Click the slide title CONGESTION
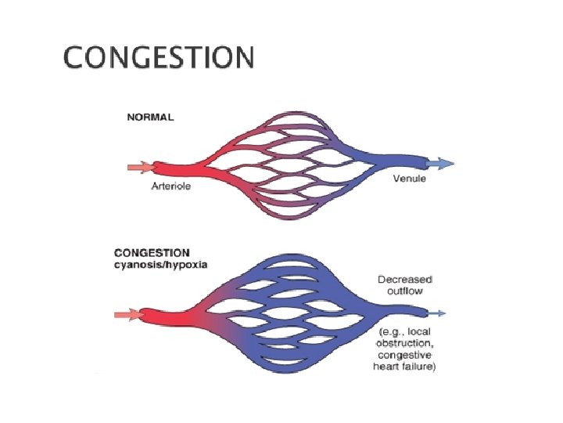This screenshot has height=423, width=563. tap(159, 58)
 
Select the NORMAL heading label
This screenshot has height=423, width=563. tap(150, 117)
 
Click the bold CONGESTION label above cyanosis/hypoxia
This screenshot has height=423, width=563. tap(152, 253)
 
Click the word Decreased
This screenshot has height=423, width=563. tap(406, 279)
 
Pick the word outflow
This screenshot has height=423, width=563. tap(404, 291)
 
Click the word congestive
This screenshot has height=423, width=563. tap(404, 356)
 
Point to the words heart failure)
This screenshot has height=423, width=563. tap(405, 367)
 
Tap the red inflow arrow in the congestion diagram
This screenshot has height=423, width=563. tap(128, 315)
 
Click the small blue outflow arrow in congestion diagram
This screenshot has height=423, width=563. tap(439, 313)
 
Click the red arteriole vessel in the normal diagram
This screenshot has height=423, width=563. tap(176, 168)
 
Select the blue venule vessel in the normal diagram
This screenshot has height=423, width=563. tap(403, 163)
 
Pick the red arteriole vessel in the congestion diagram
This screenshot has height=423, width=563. tap(168, 316)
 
